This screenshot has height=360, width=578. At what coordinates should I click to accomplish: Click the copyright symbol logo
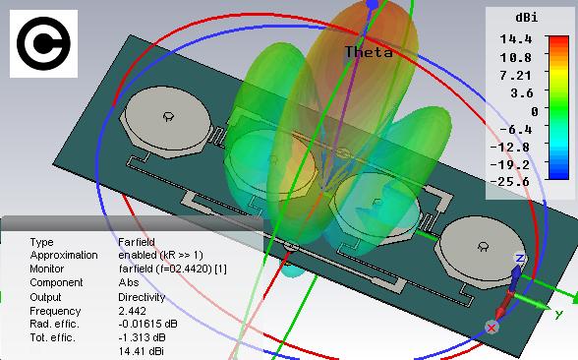pyautogui.click(x=43, y=43)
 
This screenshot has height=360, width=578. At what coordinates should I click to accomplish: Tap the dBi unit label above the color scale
pyautogui.click(x=527, y=18)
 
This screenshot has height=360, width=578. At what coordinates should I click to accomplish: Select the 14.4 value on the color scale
pyautogui.click(x=516, y=38)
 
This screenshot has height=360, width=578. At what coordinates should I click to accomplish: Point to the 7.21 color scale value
pyautogui.click(x=516, y=75)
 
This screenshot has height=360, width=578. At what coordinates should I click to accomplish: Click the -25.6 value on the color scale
pyautogui.click(x=510, y=181)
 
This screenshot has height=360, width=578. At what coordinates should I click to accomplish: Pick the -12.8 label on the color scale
pyautogui.click(x=510, y=147)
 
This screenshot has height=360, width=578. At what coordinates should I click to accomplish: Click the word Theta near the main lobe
pyautogui.click(x=369, y=52)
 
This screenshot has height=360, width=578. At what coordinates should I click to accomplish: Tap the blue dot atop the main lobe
pyautogui.click(x=373, y=5)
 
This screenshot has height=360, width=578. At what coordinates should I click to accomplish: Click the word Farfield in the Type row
pyautogui.click(x=137, y=242)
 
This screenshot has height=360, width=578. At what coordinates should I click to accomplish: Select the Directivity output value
pyautogui.click(x=142, y=297)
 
